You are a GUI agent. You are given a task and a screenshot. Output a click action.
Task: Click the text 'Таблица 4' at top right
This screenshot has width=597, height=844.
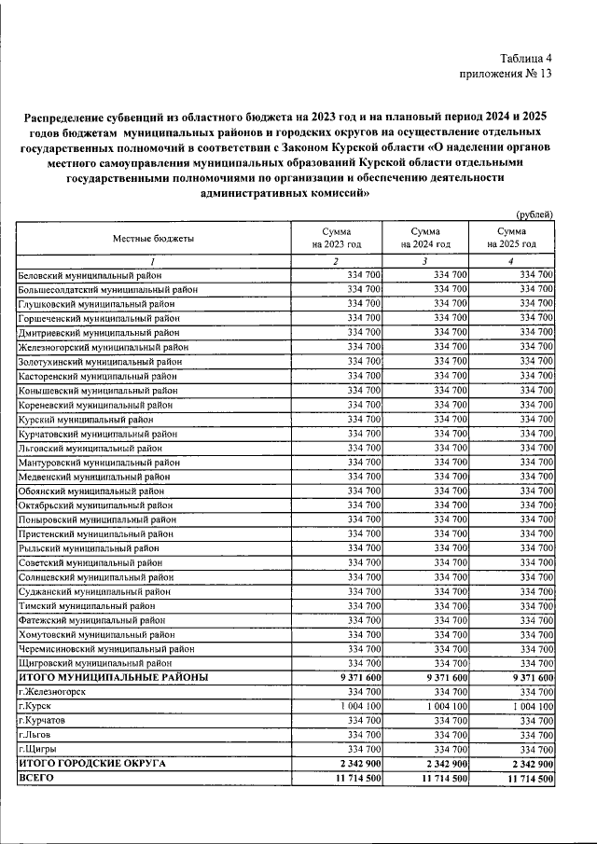tap(525, 58)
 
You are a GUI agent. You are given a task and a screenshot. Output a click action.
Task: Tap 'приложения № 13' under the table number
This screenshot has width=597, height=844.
tap(507, 75)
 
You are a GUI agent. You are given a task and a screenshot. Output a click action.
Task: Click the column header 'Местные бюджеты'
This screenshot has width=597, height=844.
tap(154, 239)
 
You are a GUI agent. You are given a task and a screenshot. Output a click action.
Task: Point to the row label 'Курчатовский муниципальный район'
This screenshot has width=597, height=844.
tap(97, 433)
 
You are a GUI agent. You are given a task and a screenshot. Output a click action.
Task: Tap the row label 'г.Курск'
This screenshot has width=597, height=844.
tap(35, 706)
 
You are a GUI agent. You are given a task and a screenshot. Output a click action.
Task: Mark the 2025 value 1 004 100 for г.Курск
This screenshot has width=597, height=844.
tap(528, 706)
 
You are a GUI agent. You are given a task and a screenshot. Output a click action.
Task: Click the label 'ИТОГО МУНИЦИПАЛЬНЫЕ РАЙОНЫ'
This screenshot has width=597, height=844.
tap(113, 677)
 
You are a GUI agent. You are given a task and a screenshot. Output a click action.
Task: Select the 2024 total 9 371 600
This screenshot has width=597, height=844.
tap(441, 677)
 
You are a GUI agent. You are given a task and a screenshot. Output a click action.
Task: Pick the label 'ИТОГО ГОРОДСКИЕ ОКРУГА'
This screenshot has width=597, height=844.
tap(92, 763)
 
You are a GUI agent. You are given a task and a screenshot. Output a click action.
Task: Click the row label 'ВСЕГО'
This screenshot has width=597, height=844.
tap(37, 778)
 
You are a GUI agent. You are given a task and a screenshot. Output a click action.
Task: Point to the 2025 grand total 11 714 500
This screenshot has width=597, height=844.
tap(525, 778)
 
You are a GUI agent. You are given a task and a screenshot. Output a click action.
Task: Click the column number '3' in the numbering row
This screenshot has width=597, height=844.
tap(424, 260)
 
